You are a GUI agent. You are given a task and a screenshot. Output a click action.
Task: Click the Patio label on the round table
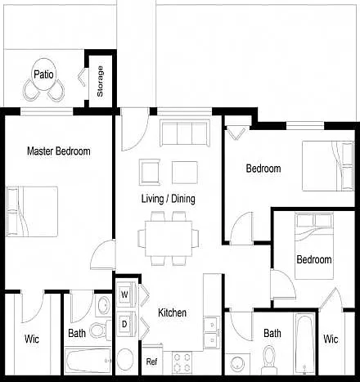tap(43, 74)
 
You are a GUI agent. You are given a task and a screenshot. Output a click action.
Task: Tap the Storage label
tap(100, 81)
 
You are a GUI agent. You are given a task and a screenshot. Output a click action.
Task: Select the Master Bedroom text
tap(59, 151)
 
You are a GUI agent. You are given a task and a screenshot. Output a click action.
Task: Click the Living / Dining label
tap(169, 199)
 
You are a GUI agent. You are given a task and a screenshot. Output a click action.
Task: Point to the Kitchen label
tap(173, 312)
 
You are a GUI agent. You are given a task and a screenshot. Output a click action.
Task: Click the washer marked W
tap(126, 294)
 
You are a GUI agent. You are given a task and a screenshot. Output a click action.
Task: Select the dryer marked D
tap(126, 324)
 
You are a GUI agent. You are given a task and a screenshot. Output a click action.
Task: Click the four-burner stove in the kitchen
tap(182, 362)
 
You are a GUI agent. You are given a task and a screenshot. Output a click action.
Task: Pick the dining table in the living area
tap(169, 238)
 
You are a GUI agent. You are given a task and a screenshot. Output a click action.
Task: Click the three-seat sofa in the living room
tap(185, 133)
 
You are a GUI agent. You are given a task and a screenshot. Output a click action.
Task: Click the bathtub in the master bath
tap(88, 361)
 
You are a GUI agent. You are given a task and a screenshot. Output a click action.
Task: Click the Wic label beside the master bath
tap(32, 339)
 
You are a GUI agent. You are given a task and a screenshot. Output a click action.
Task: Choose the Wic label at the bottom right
tap(331, 339)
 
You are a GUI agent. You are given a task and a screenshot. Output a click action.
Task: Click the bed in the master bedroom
tap(32, 212)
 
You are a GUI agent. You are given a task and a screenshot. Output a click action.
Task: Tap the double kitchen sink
tap(212, 333)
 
